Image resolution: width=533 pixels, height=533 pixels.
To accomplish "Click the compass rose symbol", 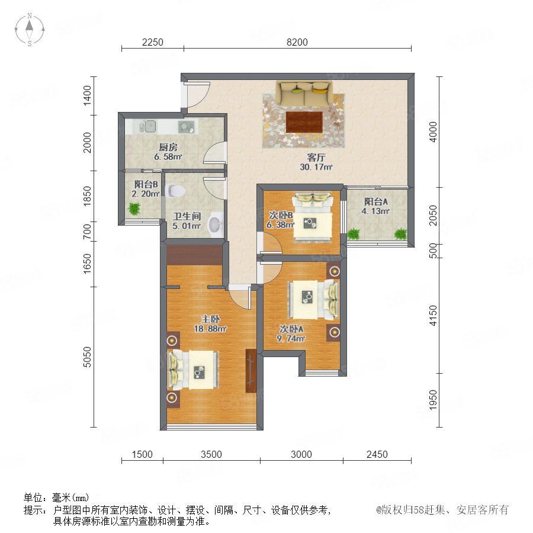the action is pos(30,29).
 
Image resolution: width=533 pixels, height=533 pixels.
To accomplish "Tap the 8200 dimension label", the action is pos(297,42).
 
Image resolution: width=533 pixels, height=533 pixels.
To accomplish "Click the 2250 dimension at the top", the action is pos(153,42).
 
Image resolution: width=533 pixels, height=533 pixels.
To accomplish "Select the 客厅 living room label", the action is pos(316,158).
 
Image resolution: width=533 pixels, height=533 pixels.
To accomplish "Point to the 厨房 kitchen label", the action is pos(168,147).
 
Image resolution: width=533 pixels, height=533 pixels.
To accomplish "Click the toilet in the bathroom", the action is pos(175,191).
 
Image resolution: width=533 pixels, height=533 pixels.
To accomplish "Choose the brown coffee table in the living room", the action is pos(304,122).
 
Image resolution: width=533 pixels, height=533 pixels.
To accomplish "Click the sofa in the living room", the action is pos(304,92).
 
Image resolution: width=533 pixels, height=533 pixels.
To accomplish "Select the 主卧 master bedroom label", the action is pos(210,319).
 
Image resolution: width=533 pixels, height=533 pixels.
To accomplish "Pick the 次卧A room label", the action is pos(291,329).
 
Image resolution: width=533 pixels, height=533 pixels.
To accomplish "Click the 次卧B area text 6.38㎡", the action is pos(280,224).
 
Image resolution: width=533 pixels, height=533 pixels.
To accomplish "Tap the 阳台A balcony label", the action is pos(375,201).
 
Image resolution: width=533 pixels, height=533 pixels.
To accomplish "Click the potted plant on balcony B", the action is pos(134,208).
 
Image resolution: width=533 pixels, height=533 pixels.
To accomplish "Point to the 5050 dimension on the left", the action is pos(88,357).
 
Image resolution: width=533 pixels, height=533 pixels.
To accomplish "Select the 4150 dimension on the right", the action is pos(433,316).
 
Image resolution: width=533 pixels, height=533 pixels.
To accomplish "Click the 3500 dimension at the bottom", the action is pos(211,454).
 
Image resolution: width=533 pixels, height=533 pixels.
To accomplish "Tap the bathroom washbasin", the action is pos(215,224).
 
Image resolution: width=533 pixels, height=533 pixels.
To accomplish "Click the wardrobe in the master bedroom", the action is pos(251,371).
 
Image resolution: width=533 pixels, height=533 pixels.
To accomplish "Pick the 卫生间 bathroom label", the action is pos(187,216).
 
